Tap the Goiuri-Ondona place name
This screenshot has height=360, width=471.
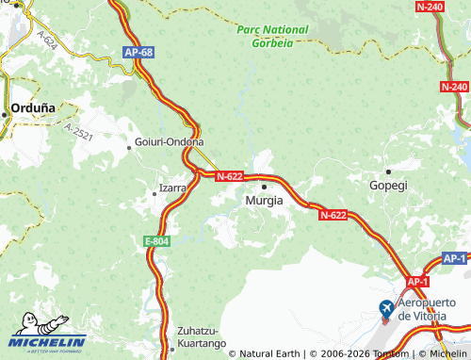coord(170,142)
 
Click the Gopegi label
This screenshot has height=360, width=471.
coord(388,186)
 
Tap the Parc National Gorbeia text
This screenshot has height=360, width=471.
coord(272,36)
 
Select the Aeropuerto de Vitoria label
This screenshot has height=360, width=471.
coord(430,309)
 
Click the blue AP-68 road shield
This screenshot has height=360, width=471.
coord(138,53)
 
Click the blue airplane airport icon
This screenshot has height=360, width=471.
coord(386,308)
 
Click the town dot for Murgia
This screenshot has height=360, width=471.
coord(264,187)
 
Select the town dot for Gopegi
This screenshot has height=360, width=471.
coord(388,172)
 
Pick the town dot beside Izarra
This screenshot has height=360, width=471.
coord(155,193)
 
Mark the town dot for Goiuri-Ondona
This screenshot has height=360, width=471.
coord(129,147)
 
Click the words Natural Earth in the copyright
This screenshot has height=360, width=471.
coord(273,353)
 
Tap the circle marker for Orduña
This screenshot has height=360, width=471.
coord(6,113)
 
